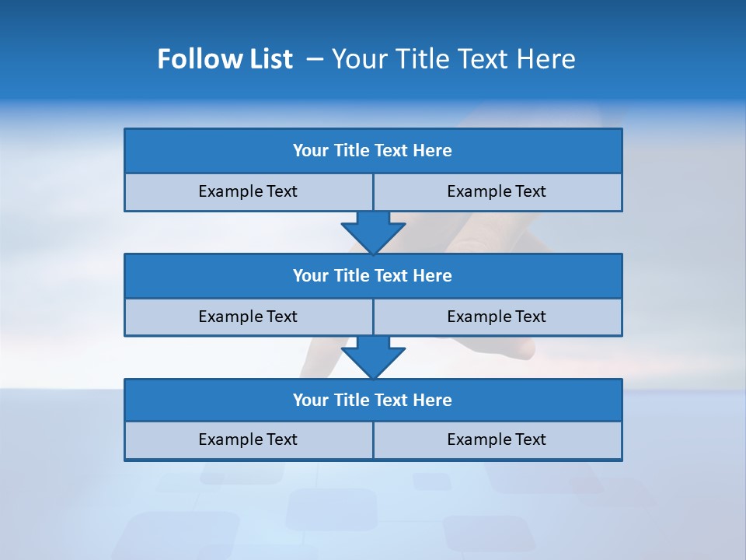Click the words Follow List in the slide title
(x=225, y=59)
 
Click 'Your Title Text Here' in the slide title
(x=453, y=59)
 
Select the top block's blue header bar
(x=373, y=151)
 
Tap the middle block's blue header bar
(x=373, y=275)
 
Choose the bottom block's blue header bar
(x=373, y=400)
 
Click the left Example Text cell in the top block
(x=249, y=191)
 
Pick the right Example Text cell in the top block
(x=497, y=191)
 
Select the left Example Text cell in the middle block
(x=249, y=317)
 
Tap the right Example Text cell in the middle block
(x=497, y=317)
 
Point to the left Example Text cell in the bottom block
(x=249, y=439)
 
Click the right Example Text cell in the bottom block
(x=497, y=439)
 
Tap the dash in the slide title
(x=315, y=59)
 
